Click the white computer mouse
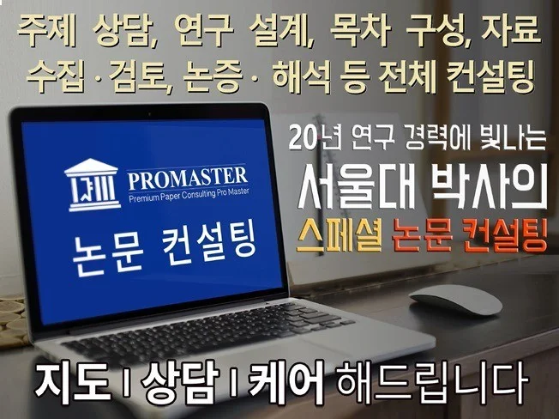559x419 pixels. pos(455,303)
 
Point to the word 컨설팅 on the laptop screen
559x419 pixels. pos(205,237)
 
